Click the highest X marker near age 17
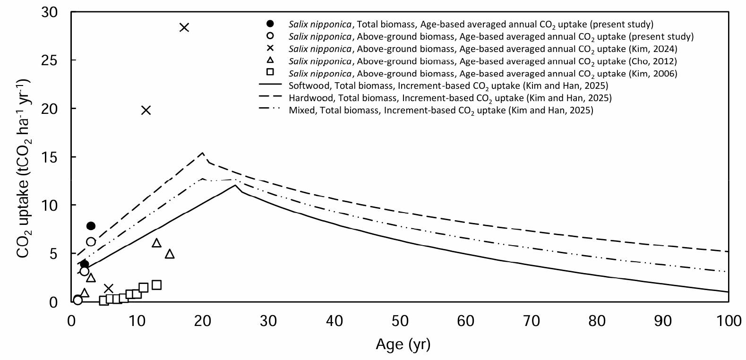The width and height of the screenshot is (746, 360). pos(184,27)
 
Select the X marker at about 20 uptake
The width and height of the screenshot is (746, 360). pos(146,110)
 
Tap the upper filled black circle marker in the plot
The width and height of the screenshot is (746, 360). pos(91,226)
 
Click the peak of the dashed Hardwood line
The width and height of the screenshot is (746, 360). pos(203,153)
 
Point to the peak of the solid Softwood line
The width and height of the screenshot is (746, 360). pos(235,185)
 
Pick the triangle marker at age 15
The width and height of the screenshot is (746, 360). pos(170,254)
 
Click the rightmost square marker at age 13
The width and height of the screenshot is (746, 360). pos(156,285)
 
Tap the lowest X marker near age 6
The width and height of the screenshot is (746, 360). pos(109,288)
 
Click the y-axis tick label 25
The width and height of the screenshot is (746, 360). pos(49,60)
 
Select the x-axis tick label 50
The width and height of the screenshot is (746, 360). pos(400,321)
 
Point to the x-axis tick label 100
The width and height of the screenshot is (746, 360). pos(729,321)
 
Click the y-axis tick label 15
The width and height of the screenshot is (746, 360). pos(49,157)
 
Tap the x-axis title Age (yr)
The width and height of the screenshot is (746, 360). pos(403,344)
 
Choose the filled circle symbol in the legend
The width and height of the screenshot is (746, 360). pos(270,23)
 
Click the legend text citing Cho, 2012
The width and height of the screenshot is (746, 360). pos(483,61)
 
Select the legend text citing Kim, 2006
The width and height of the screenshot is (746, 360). pos(483,74)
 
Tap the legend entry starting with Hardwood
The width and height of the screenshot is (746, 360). pos(450,98)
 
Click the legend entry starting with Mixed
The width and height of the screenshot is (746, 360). pos(441,110)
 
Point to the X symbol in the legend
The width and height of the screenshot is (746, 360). pos(270,48)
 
